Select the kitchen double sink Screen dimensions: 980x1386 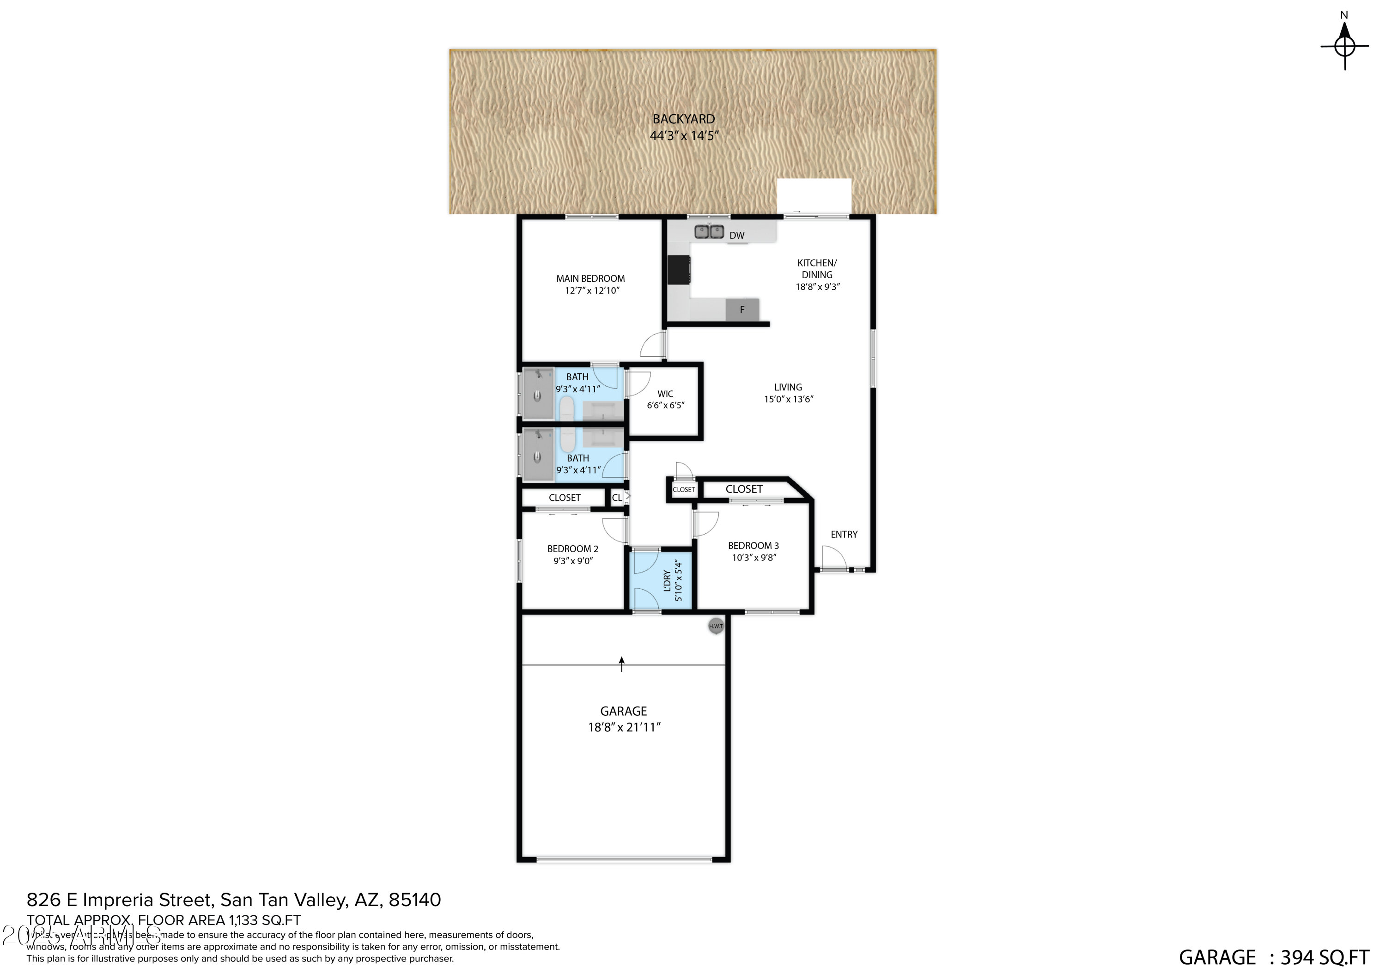[709, 231]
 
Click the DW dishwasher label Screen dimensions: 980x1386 [736, 236]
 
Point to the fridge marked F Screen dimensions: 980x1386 [742, 310]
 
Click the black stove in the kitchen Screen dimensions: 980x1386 [679, 270]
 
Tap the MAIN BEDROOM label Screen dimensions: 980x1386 [590, 278]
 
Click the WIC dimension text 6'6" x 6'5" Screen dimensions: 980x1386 [665, 405]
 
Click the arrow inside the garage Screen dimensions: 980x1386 [622, 663]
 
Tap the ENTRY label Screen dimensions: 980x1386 [843, 535]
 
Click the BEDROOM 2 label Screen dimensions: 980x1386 [572, 549]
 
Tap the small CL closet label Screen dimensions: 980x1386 [616, 498]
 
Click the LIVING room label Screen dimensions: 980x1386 [788, 387]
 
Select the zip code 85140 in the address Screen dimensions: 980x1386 [415, 900]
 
